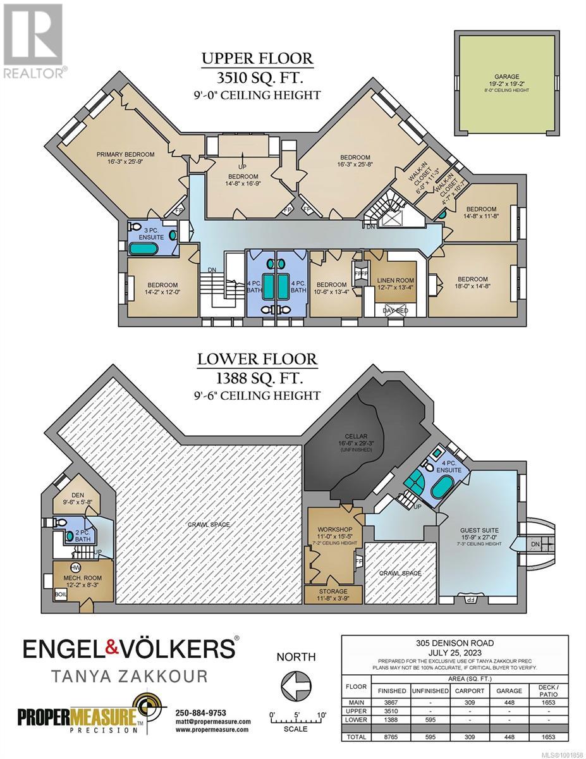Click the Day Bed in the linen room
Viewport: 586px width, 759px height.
click(395, 311)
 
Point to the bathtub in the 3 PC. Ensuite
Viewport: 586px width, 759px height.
click(143, 249)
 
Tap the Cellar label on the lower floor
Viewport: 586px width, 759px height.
click(356, 436)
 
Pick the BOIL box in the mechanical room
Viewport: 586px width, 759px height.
click(61, 594)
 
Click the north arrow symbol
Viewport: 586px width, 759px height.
click(296, 692)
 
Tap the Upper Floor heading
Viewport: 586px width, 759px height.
click(257, 58)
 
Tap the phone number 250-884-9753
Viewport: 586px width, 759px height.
click(200, 713)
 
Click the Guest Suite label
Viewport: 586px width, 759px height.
click(479, 530)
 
